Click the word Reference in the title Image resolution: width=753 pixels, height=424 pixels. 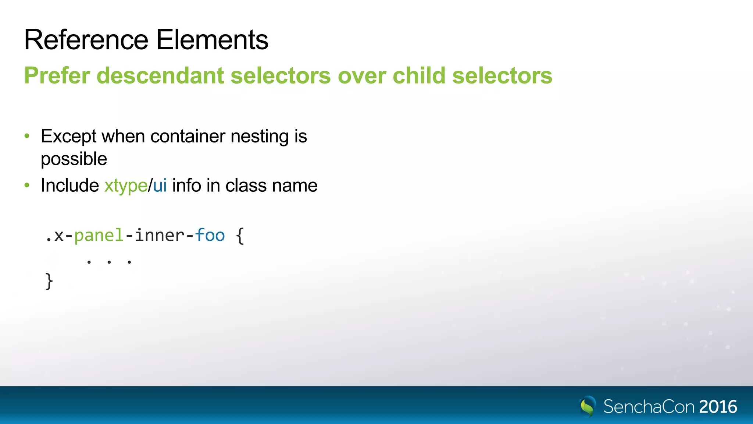pyautogui.click(x=86, y=40)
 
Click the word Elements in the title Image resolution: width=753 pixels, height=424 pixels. pyautogui.click(x=212, y=40)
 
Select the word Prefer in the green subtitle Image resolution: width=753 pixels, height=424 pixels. pyautogui.click(x=57, y=76)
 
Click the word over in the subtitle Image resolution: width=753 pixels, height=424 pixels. pyautogui.click(x=362, y=76)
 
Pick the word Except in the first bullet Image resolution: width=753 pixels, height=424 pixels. pyautogui.click(x=68, y=137)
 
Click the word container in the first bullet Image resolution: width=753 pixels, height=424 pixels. pyautogui.click(x=188, y=137)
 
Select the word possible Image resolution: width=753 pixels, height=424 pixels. pyautogui.click(x=74, y=159)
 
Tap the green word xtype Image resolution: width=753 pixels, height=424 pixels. pyautogui.click(x=126, y=186)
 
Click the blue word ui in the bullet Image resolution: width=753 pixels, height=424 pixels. pyautogui.click(x=160, y=185)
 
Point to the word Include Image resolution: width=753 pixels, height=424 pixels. pyautogui.click(x=70, y=185)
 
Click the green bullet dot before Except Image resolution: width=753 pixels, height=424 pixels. pyautogui.click(x=27, y=136)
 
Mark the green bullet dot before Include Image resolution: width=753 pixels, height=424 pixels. pyautogui.click(x=27, y=185)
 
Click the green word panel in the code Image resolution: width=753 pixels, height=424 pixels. pyautogui.click(x=99, y=236)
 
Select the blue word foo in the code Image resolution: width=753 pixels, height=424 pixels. pyautogui.click(x=210, y=236)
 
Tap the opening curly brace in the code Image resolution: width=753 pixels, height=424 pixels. pyautogui.click(x=240, y=236)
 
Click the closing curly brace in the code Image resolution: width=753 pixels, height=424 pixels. pyautogui.click(x=49, y=282)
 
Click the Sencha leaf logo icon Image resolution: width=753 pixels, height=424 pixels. pyautogui.click(x=588, y=406)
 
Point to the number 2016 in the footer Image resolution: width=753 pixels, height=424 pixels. pyautogui.click(x=718, y=407)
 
